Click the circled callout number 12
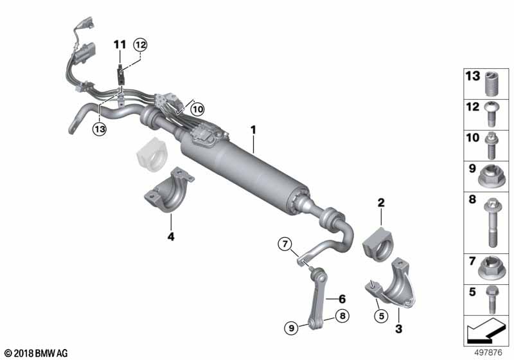(x=140, y=44)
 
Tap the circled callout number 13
(x=100, y=129)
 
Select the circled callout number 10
(x=197, y=109)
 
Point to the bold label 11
(x=120, y=44)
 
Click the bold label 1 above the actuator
(x=253, y=130)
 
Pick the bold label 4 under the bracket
(x=171, y=237)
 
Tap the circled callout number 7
(x=285, y=244)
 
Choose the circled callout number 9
(x=292, y=327)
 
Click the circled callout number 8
(x=342, y=316)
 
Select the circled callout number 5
(x=381, y=316)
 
